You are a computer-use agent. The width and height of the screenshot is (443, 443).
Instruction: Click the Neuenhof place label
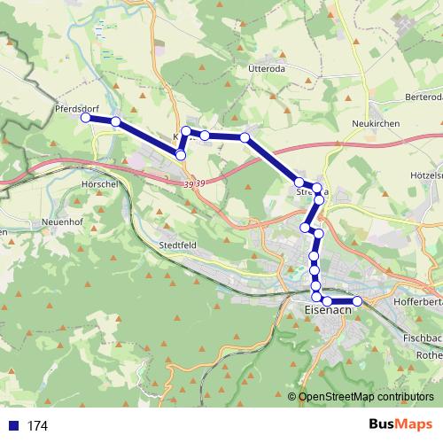pyautogui.click(x=63, y=221)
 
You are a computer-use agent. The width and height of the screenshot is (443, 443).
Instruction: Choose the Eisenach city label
pyautogui.click(x=328, y=311)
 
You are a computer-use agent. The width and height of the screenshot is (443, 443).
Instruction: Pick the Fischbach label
pyautogui.click(x=421, y=338)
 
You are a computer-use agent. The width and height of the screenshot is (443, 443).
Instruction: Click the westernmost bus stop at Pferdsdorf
pyautogui.click(x=86, y=118)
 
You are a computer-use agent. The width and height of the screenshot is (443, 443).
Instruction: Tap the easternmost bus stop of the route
pyautogui.click(x=358, y=302)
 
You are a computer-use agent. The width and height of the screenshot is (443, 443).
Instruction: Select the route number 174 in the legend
pyautogui.click(x=37, y=426)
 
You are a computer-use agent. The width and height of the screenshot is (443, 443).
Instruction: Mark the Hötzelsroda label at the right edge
pyautogui.click(x=426, y=175)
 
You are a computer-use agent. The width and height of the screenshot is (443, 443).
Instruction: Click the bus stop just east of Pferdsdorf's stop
pyautogui.click(x=115, y=121)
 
